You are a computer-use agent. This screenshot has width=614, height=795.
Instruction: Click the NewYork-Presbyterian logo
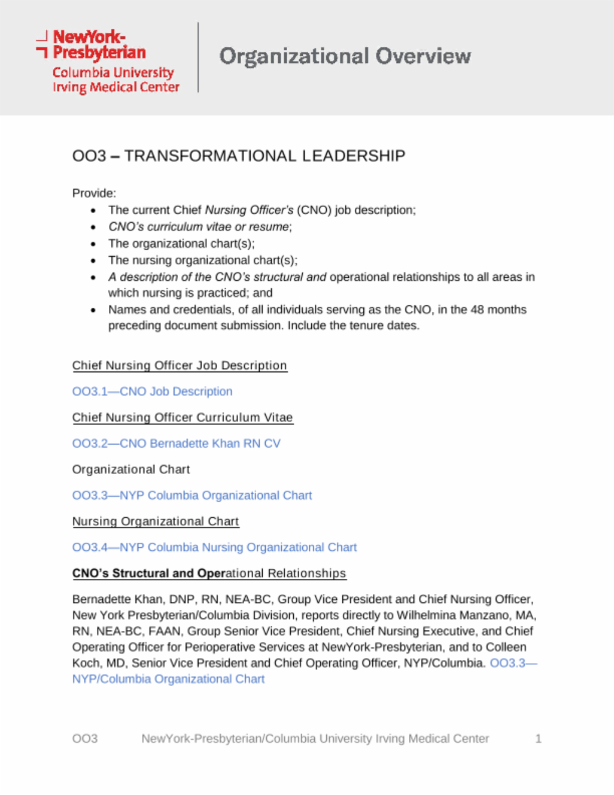tap(108, 61)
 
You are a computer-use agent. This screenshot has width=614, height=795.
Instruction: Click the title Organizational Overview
tap(345, 56)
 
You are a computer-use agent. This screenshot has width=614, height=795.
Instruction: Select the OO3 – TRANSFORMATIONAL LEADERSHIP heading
tap(239, 156)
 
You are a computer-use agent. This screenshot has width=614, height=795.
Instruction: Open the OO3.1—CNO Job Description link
tap(152, 391)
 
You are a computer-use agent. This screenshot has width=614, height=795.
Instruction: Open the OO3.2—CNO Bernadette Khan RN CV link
tap(176, 443)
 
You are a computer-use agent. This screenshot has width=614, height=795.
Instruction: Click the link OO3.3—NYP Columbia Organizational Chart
tap(192, 496)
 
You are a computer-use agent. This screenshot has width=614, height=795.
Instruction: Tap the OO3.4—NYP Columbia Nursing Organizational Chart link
tap(214, 547)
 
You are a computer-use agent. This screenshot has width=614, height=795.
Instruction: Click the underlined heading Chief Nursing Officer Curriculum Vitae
tap(182, 418)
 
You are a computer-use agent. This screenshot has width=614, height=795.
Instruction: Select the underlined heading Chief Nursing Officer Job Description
tap(179, 365)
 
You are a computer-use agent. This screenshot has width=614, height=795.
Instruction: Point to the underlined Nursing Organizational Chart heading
tap(155, 521)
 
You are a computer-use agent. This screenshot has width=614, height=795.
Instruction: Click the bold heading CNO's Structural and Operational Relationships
tap(209, 574)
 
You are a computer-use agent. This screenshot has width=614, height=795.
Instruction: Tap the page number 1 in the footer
tap(538, 739)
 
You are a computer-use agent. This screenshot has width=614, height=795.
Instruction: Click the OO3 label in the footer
tap(85, 739)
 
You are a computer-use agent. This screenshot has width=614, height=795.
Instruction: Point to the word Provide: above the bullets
tap(94, 193)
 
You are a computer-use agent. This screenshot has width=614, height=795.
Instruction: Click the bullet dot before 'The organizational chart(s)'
tap(93, 244)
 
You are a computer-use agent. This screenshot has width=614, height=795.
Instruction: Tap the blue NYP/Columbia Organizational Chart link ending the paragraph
tap(168, 679)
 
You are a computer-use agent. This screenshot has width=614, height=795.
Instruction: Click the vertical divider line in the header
tap(198, 58)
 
